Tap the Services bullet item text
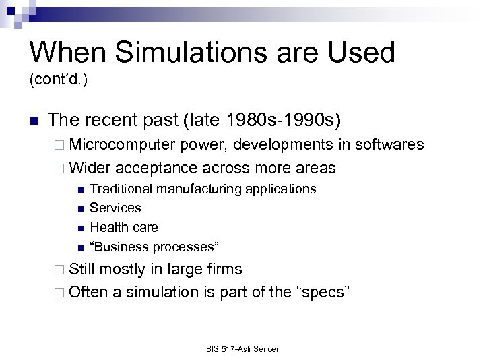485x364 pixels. pos(115,208)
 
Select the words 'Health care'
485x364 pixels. pos(120,227)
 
